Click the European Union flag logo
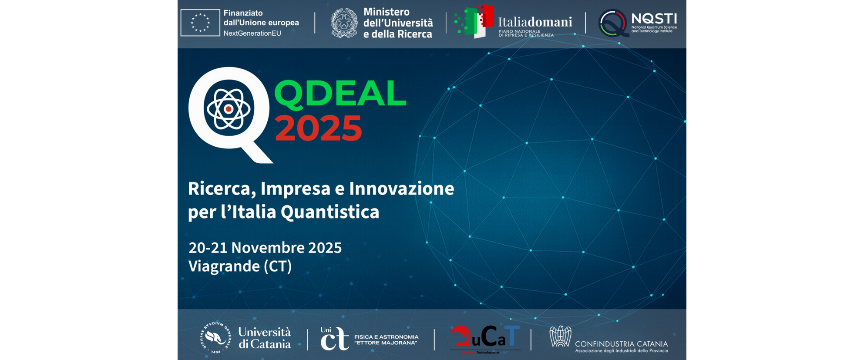[x=200, y=23]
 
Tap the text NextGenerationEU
[x=252, y=34]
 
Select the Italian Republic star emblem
[x=344, y=23]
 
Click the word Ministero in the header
[x=387, y=12]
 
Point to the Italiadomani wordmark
[x=535, y=22]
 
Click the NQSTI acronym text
[x=654, y=19]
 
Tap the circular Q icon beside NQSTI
[x=613, y=23]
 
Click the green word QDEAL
[x=340, y=93]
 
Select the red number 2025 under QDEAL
[x=318, y=128]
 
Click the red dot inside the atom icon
[x=229, y=109]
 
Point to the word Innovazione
[x=401, y=188]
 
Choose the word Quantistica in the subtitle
[x=330, y=212]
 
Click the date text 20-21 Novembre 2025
[x=265, y=248]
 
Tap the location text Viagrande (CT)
[x=240, y=266]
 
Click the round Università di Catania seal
[x=215, y=338]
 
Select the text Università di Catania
[x=265, y=338]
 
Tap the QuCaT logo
[x=485, y=338]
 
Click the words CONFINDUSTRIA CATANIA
[x=621, y=344]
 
